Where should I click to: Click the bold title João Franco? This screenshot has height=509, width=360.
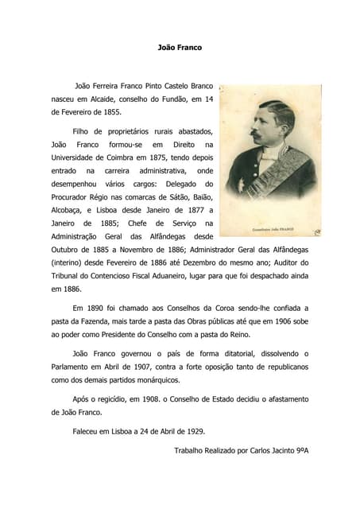[x=180, y=48]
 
